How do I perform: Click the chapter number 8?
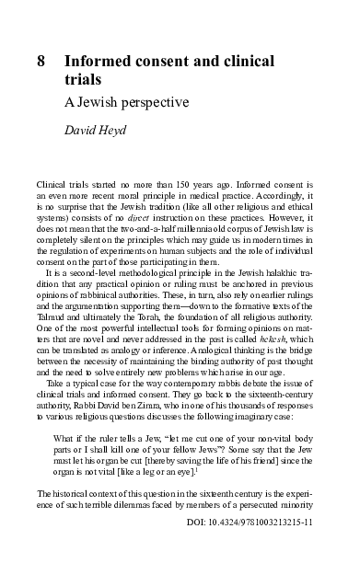tap(41, 62)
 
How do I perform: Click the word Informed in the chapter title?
tap(101, 62)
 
